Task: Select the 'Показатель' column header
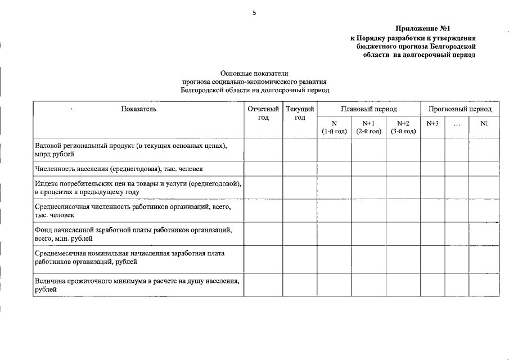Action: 138,109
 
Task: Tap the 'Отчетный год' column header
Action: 263,113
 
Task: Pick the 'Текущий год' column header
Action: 300,113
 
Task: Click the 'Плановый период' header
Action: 368,109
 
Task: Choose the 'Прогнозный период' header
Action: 460,109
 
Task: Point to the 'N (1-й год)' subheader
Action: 334,127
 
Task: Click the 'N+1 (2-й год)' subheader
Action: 368,127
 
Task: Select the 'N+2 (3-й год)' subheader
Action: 403,127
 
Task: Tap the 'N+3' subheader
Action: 433,123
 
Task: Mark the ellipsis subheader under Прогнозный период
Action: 457,124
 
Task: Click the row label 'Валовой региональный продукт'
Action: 130,149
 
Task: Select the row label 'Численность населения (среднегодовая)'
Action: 119,169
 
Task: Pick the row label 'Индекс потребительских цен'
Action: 138,187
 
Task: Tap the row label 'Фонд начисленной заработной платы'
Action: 133,234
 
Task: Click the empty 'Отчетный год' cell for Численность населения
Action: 263,169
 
